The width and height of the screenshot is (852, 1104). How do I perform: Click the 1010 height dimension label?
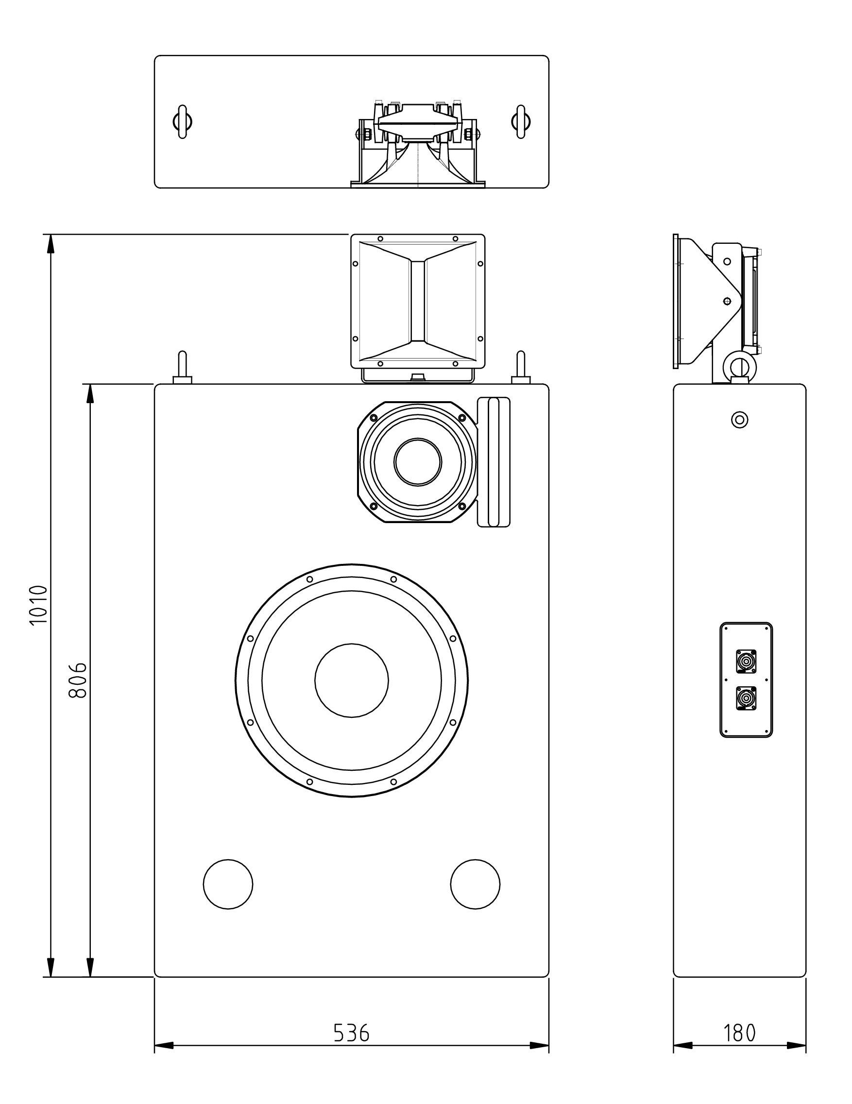[x=38, y=605]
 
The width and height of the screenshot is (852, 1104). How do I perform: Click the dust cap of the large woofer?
[x=351, y=680]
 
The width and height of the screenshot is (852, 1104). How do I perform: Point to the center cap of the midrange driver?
[x=418, y=461]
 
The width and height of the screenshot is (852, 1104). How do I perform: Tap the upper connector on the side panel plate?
[x=746, y=661]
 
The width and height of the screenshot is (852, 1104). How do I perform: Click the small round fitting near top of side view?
[x=739, y=419]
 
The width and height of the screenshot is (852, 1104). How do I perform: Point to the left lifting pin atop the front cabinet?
[x=182, y=368]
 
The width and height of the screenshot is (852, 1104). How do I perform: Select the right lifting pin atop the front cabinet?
[x=521, y=368]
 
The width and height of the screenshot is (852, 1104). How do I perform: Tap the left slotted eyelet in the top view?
[x=182, y=121]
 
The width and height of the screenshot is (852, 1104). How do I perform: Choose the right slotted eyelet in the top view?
[x=521, y=121]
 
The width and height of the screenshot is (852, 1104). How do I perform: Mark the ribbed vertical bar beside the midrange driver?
[x=494, y=462]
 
